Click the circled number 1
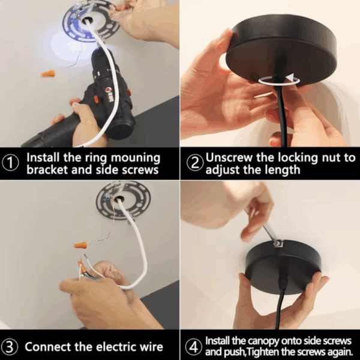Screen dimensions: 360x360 (x=10, y=163)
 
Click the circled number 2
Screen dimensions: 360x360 (x=194, y=163)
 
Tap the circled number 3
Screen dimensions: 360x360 (x=9, y=347)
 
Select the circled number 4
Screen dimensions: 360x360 (x=193, y=347)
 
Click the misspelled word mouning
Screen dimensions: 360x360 (x=135, y=158)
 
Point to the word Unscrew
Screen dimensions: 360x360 (x=229, y=157)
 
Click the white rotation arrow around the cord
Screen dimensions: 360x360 (x=280, y=80)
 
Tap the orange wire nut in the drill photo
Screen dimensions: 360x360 (x=49, y=74)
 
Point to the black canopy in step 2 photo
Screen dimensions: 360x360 (x=281, y=50)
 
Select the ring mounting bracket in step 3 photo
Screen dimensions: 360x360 (x=124, y=200)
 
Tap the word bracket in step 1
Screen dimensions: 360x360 (x=47, y=170)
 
